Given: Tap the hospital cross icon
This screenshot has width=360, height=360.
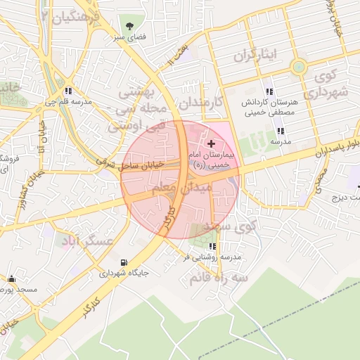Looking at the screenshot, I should (212, 143).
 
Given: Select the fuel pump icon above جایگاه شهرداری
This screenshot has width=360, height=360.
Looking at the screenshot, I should (124, 262).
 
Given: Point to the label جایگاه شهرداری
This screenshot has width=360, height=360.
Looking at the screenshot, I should (123, 274).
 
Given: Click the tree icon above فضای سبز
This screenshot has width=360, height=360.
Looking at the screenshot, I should (129, 24).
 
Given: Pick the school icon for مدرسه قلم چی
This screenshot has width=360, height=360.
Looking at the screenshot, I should (68, 91).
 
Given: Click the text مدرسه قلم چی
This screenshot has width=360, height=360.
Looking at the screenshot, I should (68, 102).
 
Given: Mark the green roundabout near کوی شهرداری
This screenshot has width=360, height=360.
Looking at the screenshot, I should (299, 68).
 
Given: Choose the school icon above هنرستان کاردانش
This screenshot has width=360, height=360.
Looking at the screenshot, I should (269, 91).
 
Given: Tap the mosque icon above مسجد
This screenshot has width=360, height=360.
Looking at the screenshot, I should (11, 279).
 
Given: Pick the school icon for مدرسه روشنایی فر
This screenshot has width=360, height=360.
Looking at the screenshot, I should (212, 246).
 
